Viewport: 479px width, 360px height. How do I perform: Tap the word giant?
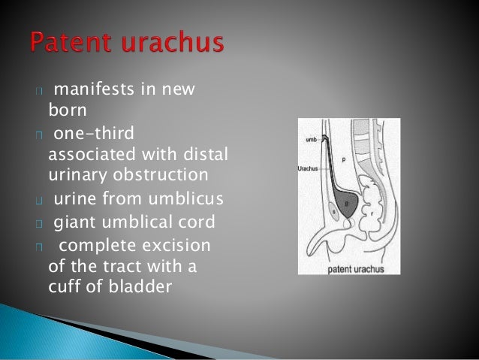pyautogui.click(x=72, y=222)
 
